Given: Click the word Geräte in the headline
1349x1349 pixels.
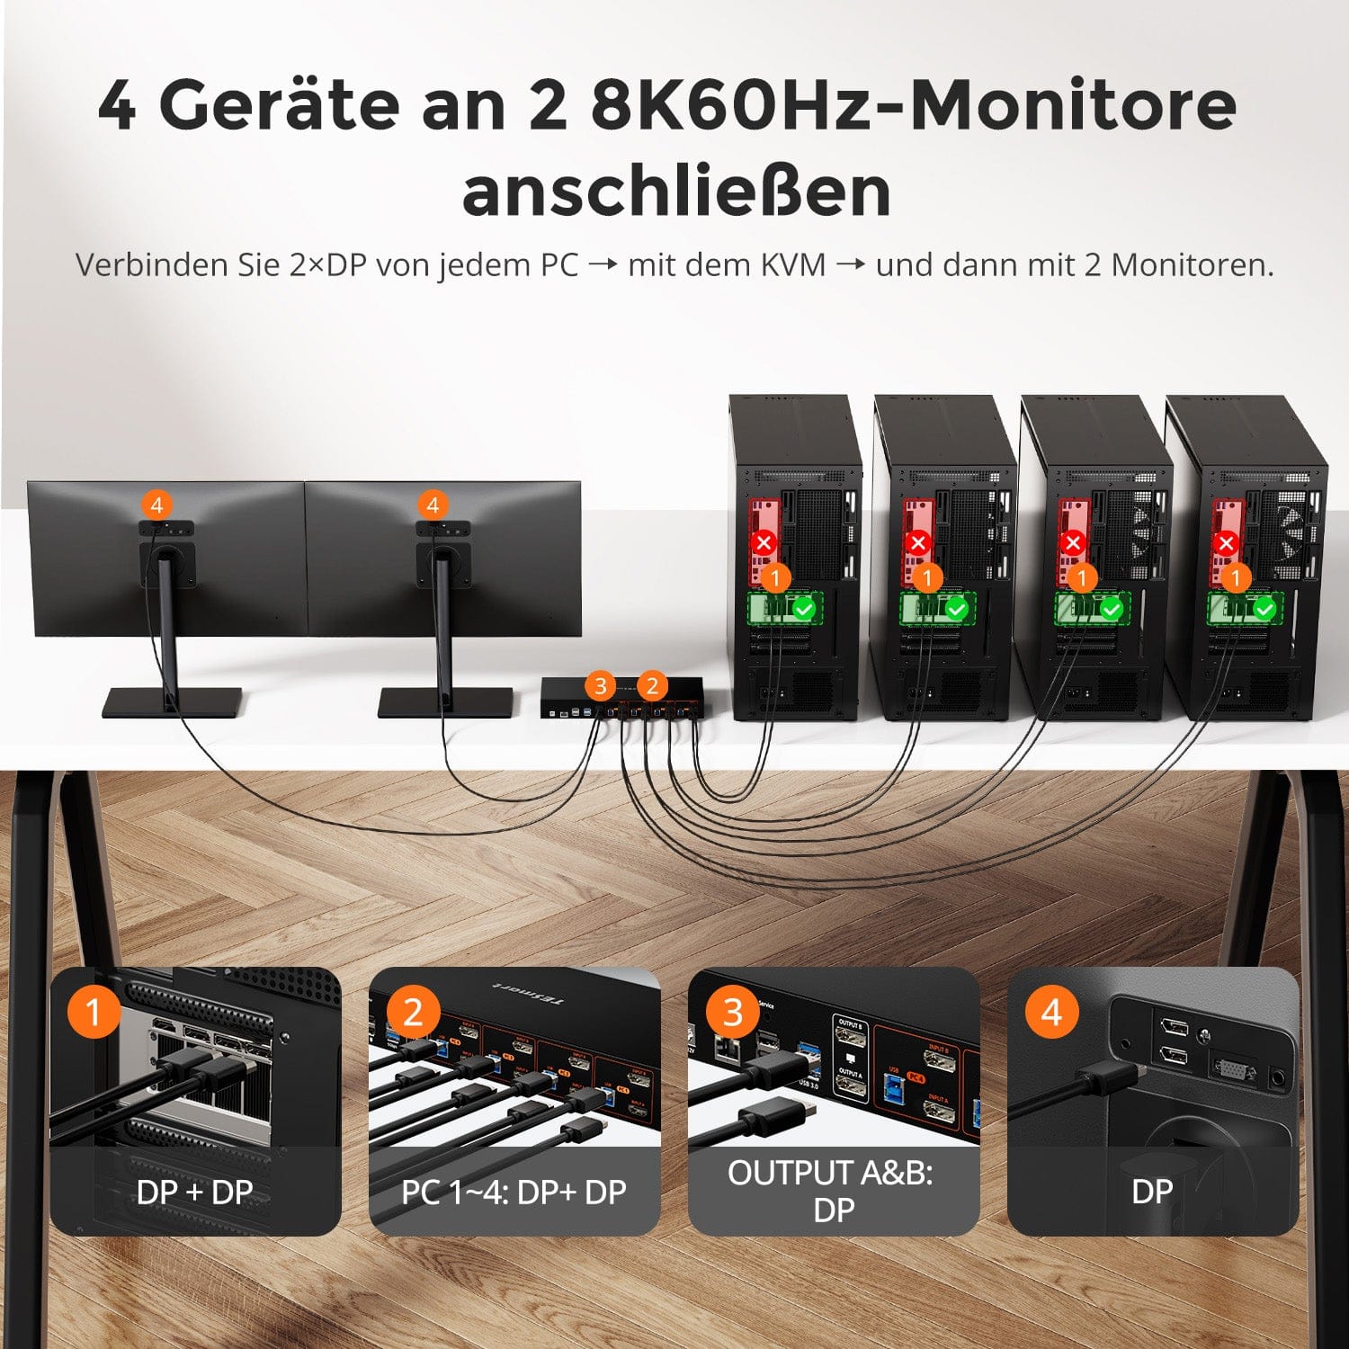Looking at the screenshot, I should point(279,105).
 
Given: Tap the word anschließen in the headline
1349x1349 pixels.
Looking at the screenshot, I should point(676,191).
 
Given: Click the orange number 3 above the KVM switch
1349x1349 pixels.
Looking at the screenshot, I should point(601,686).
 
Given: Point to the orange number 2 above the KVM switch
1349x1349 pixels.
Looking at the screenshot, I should point(653,686).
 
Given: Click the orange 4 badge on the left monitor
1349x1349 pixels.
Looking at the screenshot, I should point(157,505).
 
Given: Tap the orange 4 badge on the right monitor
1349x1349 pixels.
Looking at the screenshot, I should point(433,505).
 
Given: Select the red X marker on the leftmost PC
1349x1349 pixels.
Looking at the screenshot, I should point(764,542).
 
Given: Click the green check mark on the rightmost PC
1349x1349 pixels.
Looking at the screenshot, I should point(1264,609).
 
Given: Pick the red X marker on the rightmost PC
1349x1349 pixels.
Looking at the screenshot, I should point(1225,542).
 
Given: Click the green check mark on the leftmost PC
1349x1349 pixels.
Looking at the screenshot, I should point(803,609).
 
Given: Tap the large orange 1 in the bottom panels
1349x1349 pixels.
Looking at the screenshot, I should point(94,1012).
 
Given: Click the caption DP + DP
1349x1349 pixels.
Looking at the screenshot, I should point(195,1192).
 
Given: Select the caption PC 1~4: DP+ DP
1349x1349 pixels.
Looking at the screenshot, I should point(514,1192).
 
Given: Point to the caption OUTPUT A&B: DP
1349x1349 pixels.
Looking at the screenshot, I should point(832,1191).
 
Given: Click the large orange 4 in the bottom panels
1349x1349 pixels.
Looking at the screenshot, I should point(1050,1012).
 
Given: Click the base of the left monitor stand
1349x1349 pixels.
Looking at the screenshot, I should point(172,702).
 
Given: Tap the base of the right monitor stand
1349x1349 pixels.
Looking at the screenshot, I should point(445,702).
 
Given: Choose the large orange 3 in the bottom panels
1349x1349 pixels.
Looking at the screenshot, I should point(733,1012).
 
